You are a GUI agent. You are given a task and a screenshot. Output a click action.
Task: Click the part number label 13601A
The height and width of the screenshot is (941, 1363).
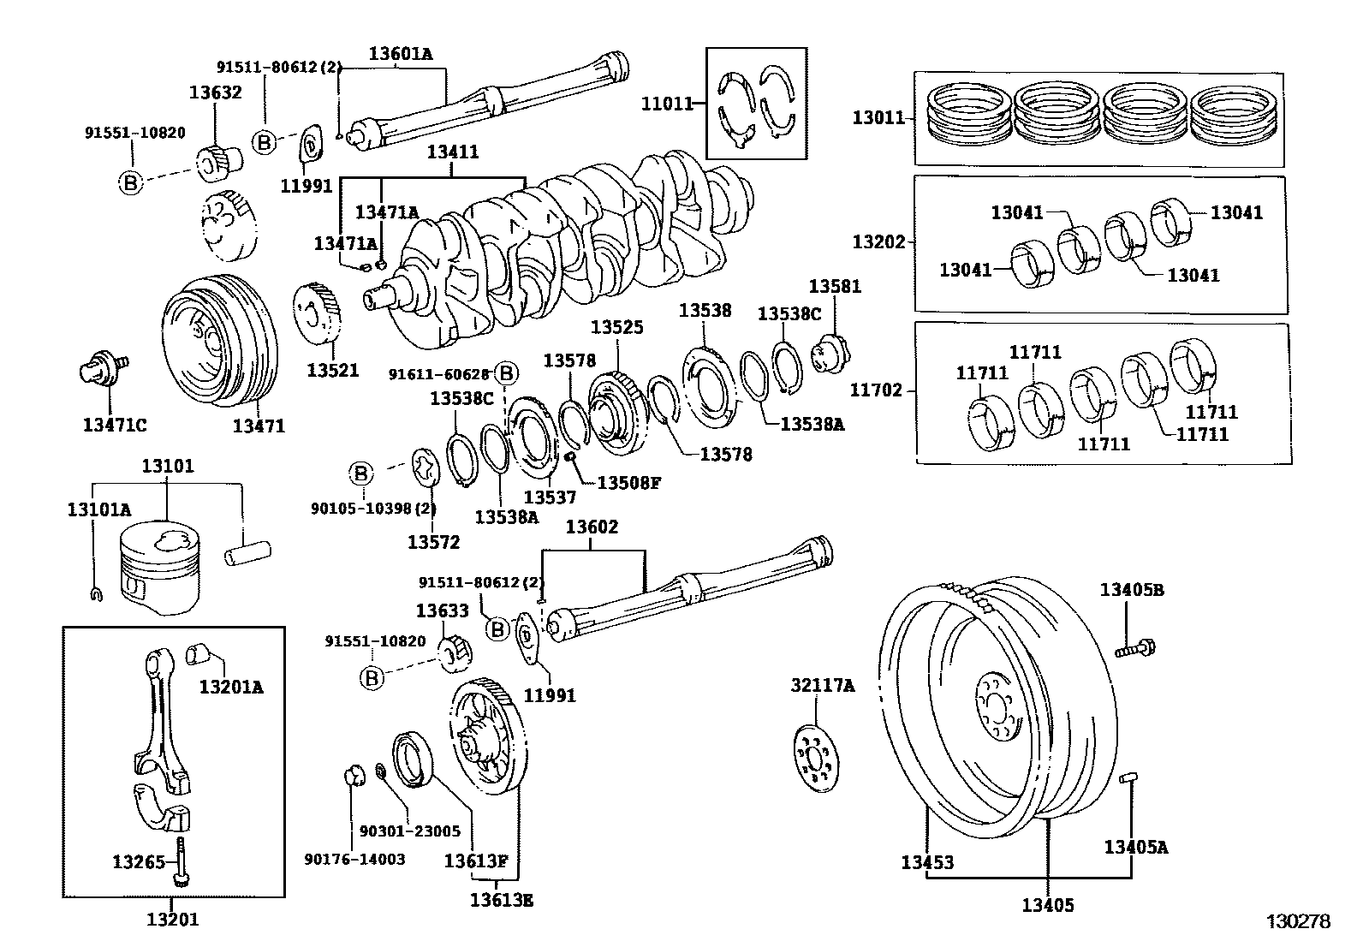tap(401, 53)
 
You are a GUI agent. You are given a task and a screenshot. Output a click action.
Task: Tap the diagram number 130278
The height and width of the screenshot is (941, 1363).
tap(1299, 921)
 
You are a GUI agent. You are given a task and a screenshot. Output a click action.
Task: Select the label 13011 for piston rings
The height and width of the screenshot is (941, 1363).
tap(878, 117)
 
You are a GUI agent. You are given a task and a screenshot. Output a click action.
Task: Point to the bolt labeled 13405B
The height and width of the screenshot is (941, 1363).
tap(1136, 648)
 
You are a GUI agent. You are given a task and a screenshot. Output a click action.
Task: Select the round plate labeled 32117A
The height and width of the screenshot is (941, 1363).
tap(814, 758)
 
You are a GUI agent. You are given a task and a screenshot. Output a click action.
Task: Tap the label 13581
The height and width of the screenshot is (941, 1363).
tap(835, 286)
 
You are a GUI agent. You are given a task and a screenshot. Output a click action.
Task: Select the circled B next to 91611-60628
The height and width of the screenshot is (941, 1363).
tap(506, 373)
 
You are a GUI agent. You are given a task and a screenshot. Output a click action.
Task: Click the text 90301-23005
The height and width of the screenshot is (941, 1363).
tap(409, 831)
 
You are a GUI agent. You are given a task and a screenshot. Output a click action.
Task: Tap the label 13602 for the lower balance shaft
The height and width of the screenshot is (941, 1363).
tap(591, 527)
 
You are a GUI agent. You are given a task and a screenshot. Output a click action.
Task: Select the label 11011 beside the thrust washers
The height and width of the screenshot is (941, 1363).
tap(667, 104)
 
